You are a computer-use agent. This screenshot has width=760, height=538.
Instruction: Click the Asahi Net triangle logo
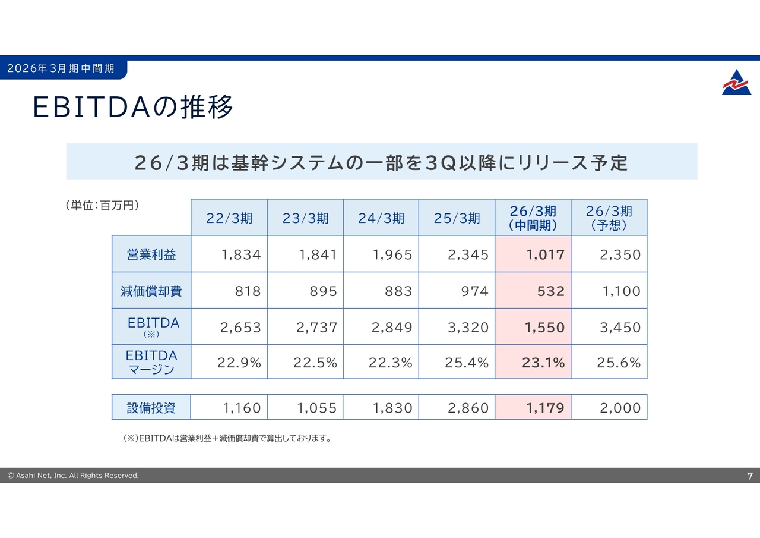(736, 83)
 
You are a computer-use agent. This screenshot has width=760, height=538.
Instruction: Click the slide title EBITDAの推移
(133, 107)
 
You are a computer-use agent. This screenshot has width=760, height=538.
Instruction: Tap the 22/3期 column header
(229, 218)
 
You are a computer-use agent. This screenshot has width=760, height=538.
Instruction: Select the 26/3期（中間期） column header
(533, 218)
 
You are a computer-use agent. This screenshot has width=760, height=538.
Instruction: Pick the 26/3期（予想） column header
(609, 218)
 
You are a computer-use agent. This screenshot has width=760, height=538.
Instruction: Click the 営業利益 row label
(151, 255)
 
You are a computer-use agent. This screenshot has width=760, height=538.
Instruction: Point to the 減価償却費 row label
(151, 291)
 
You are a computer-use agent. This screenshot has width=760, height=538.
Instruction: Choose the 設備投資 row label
(151, 408)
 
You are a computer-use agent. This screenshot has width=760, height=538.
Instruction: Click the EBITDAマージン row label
(151, 362)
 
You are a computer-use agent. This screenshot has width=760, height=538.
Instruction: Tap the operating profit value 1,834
(241, 255)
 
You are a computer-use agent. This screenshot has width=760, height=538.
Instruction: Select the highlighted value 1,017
(545, 255)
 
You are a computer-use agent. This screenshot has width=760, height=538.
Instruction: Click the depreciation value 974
(474, 291)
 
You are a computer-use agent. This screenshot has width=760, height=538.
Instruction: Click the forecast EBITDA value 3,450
(620, 328)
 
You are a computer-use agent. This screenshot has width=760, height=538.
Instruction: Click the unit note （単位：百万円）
(102, 206)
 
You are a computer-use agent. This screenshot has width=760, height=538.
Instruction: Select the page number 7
(750, 476)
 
